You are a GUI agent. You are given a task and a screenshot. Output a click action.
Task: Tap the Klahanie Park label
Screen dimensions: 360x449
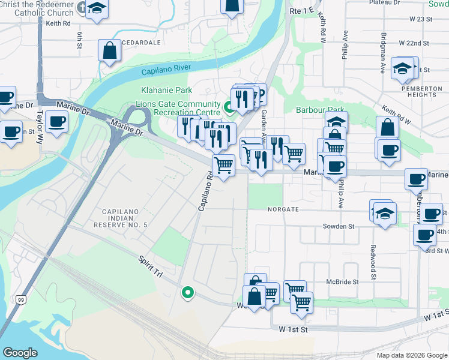(166, 91)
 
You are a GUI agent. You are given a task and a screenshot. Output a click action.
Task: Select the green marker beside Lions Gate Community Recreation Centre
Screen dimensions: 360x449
(229, 107)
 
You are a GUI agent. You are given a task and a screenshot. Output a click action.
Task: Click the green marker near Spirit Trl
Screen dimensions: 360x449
(188, 292)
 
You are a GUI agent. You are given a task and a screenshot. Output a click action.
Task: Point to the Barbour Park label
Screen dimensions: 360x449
(321, 110)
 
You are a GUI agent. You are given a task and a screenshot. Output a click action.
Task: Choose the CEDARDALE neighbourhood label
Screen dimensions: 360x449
(141, 43)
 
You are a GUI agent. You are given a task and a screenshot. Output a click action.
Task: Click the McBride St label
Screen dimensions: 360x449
(342, 281)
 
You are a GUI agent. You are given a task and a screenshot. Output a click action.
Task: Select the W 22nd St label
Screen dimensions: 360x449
(414, 43)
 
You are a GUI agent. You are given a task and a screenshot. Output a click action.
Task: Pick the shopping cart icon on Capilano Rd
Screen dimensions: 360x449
(224, 164)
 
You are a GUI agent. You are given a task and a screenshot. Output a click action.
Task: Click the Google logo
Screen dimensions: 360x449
(20, 353)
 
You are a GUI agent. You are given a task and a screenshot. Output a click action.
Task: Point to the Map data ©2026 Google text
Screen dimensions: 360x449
(411, 355)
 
